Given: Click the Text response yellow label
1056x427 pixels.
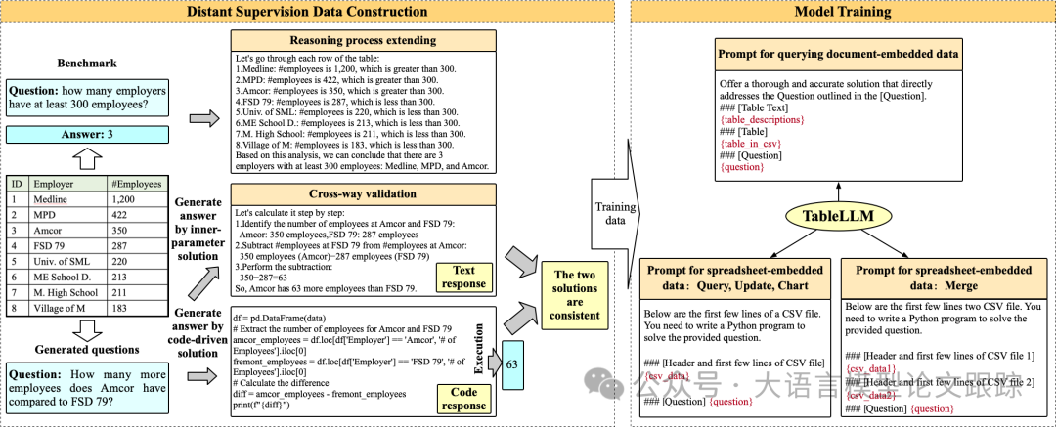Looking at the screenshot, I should coord(463,277).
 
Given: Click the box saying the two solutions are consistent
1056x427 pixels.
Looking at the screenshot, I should coord(575,289).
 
